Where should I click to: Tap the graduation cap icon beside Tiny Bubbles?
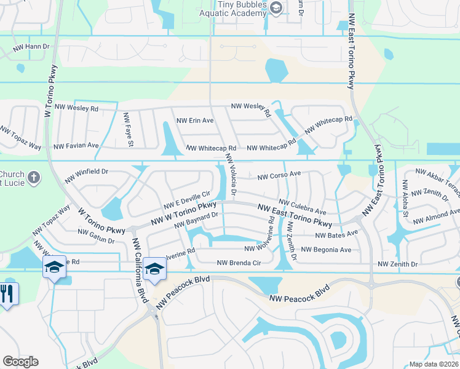(x=276, y=7)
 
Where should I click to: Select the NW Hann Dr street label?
(x=31, y=47)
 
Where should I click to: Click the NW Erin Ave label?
(x=194, y=121)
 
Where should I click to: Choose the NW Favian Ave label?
(x=76, y=146)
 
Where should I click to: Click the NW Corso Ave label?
(x=279, y=175)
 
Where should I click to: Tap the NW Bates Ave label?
(x=336, y=235)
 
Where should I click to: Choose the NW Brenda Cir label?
(x=239, y=263)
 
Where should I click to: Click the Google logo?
(x=20, y=362)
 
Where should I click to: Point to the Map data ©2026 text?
(x=433, y=364)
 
